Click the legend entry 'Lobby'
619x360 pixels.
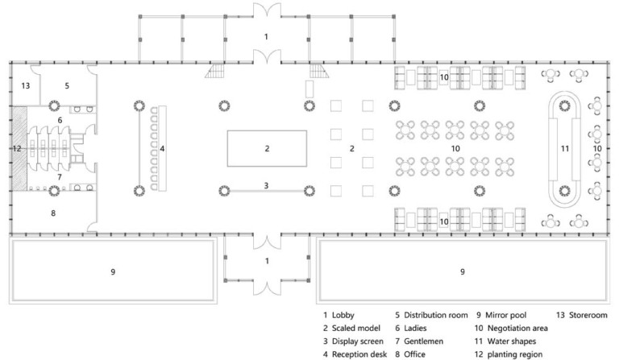tap(343, 315)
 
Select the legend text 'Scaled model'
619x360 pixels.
tap(355, 328)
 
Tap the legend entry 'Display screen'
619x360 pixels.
tap(357, 341)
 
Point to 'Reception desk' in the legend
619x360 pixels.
tap(359, 354)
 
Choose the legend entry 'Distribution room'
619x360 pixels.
tap(436, 315)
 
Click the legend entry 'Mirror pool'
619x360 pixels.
tap(505, 315)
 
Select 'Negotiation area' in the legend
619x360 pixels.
tap(517, 328)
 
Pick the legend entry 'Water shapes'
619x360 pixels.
tap(512, 341)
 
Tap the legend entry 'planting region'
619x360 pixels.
tap(515, 354)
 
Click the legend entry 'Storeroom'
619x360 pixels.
tap(588, 315)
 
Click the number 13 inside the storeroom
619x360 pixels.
tap(26, 85)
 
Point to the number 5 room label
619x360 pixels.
tap(67, 85)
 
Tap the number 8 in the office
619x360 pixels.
tap(53, 213)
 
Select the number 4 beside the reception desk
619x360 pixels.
tap(162, 149)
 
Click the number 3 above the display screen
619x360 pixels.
tap(266, 185)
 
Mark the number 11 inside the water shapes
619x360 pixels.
tap(565, 149)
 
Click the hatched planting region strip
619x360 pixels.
tap(19, 148)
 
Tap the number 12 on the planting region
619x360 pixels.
tap(17, 149)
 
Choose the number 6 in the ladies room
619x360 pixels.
tap(60, 120)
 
